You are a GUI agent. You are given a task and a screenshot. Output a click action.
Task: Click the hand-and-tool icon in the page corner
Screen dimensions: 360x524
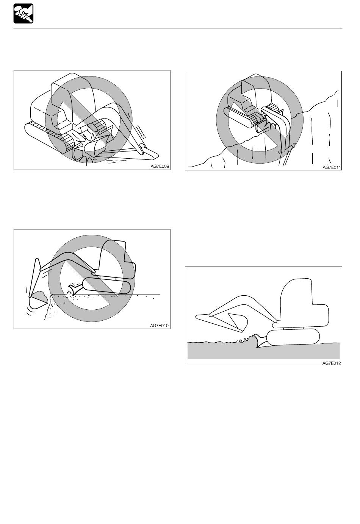(23, 14)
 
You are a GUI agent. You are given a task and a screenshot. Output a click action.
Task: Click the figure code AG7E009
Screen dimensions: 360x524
(160, 167)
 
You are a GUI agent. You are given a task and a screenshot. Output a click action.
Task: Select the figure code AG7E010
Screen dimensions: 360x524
(159, 325)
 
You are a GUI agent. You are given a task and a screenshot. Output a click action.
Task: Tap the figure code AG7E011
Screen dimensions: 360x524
(332, 167)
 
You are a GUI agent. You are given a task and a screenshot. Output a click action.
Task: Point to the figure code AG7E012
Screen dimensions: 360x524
(332, 363)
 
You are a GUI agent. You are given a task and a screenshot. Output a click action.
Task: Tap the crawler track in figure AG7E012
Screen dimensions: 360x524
(293, 337)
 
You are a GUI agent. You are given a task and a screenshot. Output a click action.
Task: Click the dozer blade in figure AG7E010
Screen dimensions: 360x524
(75, 289)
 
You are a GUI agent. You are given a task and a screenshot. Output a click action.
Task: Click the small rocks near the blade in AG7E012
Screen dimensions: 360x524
(243, 339)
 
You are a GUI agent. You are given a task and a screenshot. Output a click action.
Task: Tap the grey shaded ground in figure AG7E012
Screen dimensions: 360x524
(264, 351)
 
